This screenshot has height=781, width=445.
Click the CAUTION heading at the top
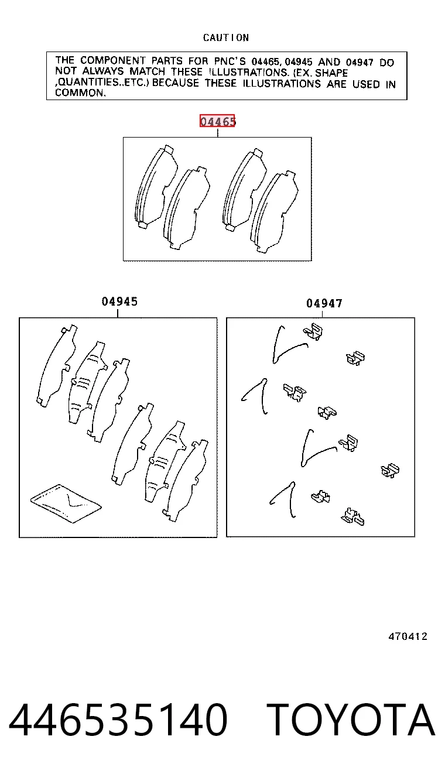point(226,37)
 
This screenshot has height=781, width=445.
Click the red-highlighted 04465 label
point(217,121)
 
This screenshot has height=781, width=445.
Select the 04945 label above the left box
point(119,302)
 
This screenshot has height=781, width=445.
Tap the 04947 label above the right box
point(324,303)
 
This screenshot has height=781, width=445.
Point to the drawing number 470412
point(408,636)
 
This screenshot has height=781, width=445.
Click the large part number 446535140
point(118,720)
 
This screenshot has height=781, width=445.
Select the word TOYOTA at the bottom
point(351,720)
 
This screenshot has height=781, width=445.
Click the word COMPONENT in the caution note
point(112,61)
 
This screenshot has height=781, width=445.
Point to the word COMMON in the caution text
point(79,93)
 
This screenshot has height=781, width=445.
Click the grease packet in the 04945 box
point(66,503)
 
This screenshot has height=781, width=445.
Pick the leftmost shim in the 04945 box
point(56,366)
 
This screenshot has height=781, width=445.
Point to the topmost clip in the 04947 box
point(313,331)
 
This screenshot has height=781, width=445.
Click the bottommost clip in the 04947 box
point(352,517)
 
